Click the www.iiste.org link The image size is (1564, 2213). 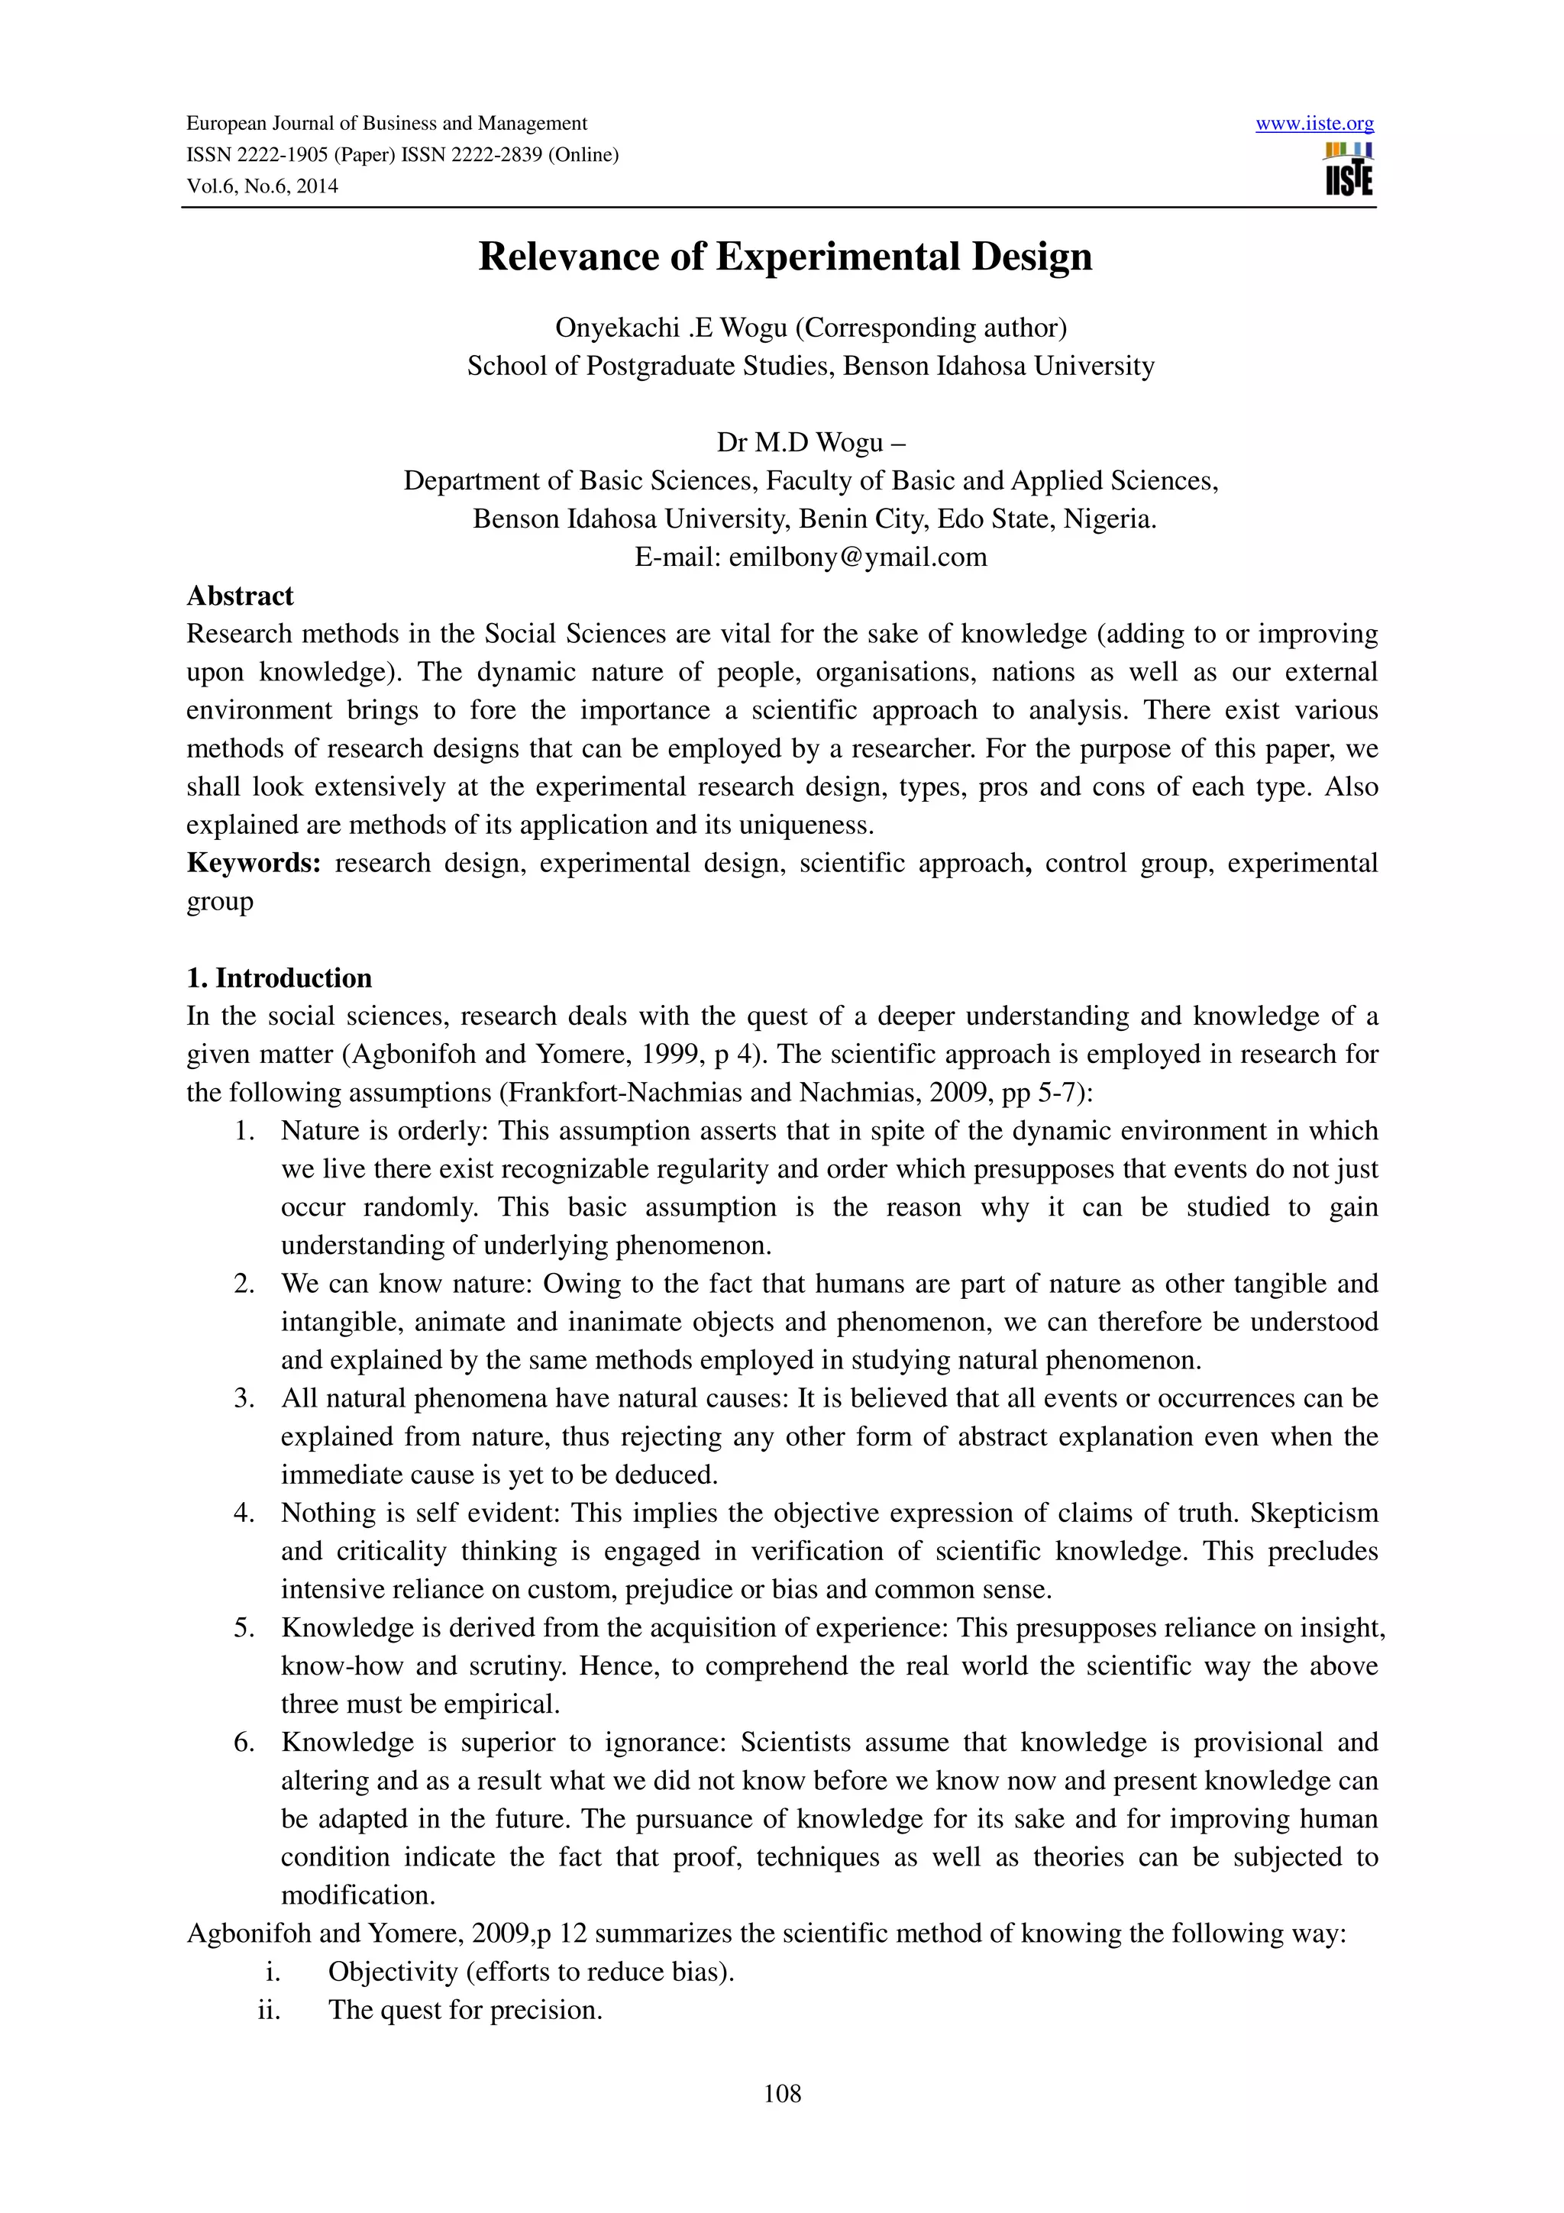(1314, 124)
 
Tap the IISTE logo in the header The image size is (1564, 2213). (1348, 170)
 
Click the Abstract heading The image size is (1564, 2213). (240, 596)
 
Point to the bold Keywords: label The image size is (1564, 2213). (254, 863)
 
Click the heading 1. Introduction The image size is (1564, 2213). (279, 977)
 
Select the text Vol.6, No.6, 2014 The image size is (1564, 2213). (262, 186)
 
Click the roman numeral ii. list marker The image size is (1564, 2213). (269, 2010)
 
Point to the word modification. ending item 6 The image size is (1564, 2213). (358, 1895)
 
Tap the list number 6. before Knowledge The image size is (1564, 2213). (244, 1742)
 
